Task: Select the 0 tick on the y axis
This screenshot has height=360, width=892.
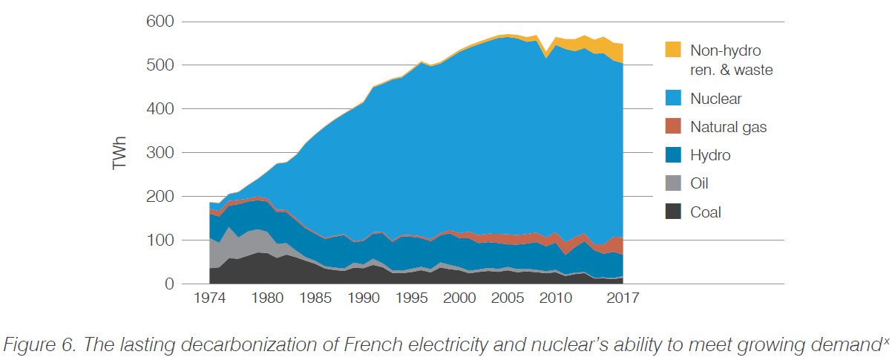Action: pyautogui.click(x=168, y=284)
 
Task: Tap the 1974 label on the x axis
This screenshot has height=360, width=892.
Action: pyautogui.click(x=209, y=299)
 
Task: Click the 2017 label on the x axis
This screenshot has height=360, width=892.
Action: pyautogui.click(x=622, y=299)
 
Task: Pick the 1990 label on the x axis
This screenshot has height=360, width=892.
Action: pyautogui.click(x=364, y=299)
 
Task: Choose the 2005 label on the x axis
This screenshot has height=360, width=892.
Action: pyautogui.click(x=508, y=299)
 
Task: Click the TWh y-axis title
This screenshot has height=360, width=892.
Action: pyautogui.click(x=119, y=153)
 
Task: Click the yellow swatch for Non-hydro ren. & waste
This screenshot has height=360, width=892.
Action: pyautogui.click(x=672, y=50)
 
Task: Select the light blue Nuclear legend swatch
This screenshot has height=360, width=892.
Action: pyautogui.click(x=672, y=99)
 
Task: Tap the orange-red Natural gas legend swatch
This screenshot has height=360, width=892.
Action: pyautogui.click(x=672, y=127)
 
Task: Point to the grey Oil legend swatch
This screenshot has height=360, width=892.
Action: pyautogui.click(x=672, y=184)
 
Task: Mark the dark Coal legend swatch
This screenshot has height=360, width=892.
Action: pyautogui.click(x=672, y=212)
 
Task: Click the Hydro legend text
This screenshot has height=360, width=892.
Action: pyautogui.click(x=710, y=156)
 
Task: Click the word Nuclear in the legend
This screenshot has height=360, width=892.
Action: pyautogui.click(x=715, y=99)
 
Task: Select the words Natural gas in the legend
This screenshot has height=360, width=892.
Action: pyautogui.click(x=728, y=127)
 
